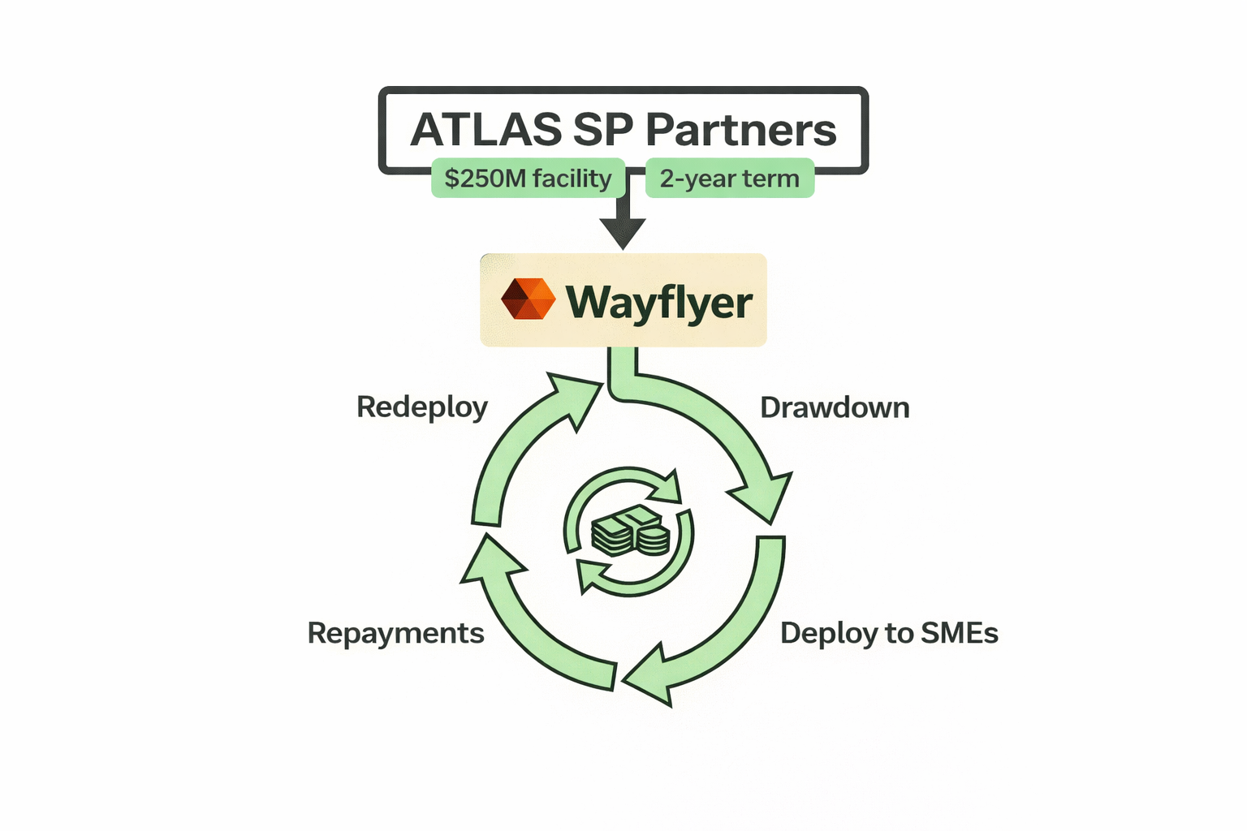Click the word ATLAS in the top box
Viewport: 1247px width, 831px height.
point(485,130)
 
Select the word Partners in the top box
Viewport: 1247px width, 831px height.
point(740,130)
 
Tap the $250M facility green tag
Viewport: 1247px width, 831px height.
point(528,179)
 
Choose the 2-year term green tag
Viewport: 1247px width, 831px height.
point(729,179)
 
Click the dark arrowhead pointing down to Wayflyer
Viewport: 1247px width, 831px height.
point(623,232)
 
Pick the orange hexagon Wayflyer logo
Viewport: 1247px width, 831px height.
point(528,299)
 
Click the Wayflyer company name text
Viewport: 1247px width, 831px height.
point(658,302)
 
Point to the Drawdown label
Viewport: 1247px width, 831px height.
point(835,407)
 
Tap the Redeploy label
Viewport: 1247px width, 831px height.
point(422,407)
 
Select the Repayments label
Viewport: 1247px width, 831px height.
point(395,633)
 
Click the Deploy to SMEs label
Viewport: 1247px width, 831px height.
point(889,633)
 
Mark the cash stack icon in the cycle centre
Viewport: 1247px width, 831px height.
point(630,532)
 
